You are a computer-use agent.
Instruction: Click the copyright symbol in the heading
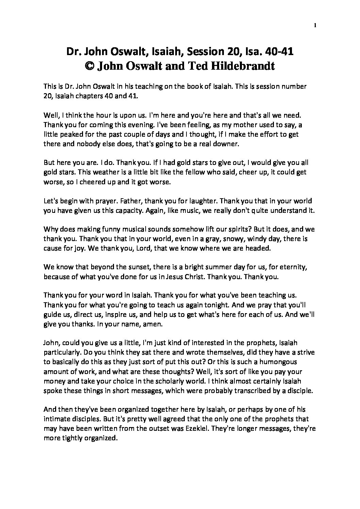(89, 66)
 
